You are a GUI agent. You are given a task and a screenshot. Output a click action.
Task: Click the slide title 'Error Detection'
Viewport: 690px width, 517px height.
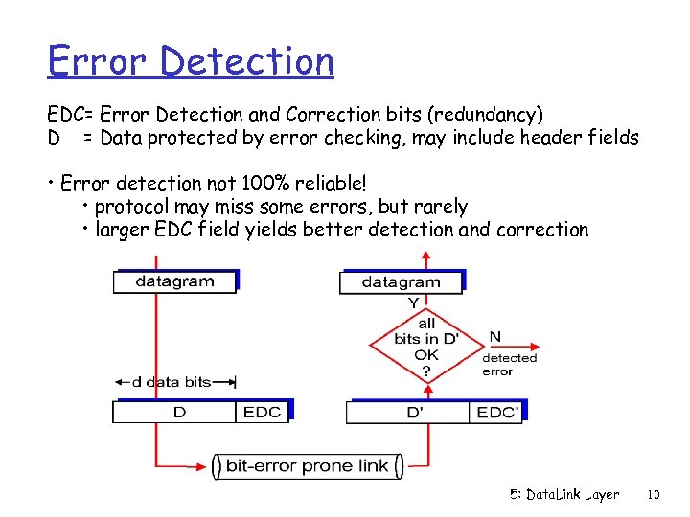191,61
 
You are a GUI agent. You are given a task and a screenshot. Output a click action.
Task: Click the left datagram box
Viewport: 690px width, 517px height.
174,281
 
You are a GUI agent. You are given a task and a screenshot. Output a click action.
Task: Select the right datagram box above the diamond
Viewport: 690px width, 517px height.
401,282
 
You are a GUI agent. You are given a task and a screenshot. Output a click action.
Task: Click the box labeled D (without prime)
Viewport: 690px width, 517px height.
175,412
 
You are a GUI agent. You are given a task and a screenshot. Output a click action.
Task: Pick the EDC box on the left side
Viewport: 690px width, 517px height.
263,412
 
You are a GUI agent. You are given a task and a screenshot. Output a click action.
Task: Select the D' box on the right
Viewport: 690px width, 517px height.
413,413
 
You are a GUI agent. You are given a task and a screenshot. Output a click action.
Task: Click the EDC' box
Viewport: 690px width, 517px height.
497,413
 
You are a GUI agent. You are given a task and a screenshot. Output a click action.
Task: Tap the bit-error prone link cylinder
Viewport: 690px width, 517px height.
307,466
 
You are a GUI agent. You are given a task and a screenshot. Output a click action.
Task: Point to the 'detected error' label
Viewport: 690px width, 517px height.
509,365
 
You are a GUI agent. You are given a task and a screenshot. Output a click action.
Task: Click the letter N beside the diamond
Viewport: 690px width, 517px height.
494,337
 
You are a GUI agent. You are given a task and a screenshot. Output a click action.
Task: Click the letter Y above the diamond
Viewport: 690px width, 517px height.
413,303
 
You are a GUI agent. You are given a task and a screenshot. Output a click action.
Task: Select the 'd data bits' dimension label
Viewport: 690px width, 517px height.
171,382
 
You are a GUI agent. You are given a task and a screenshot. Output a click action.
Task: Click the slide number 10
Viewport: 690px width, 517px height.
654,495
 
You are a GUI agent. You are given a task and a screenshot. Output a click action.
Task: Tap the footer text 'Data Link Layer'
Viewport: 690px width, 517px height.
564,495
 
